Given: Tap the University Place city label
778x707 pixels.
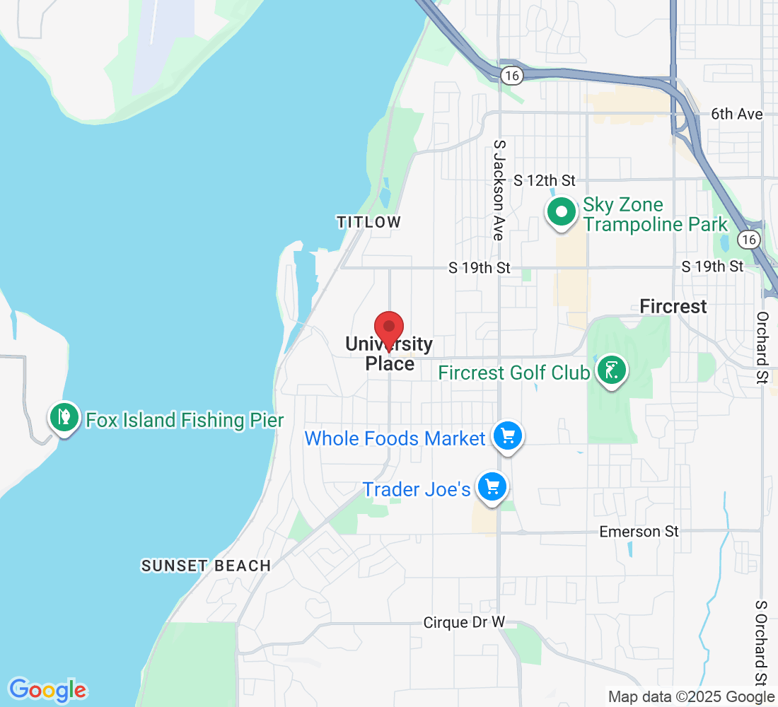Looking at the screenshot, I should [389, 353].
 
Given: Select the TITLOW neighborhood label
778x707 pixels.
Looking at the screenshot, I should [368, 222].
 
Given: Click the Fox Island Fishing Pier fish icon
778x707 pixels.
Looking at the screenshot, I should [64, 417].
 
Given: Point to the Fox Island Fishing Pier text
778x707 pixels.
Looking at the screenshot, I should [185, 421].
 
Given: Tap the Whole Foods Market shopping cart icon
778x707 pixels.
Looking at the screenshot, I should [507, 436].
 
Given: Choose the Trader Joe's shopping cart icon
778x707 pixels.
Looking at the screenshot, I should [493, 486].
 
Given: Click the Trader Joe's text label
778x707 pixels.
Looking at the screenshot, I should [417, 489].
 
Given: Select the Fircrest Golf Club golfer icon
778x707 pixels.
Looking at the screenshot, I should [612, 370].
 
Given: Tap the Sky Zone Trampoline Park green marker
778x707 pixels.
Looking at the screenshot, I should [562, 212].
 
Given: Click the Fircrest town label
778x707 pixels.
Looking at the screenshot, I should [673, 306].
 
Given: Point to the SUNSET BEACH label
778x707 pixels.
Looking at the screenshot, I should [206, 566].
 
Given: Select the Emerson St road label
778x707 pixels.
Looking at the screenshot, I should [639, 531].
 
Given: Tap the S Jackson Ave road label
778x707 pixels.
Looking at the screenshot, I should [499, 189].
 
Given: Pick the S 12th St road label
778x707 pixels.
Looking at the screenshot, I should [545, 180].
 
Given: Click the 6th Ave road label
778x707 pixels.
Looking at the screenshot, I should [736, 114].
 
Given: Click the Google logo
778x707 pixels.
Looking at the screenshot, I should [47, 689].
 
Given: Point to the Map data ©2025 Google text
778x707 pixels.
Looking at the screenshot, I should [692, 697].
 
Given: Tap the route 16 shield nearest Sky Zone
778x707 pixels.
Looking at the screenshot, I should [749, 240].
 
